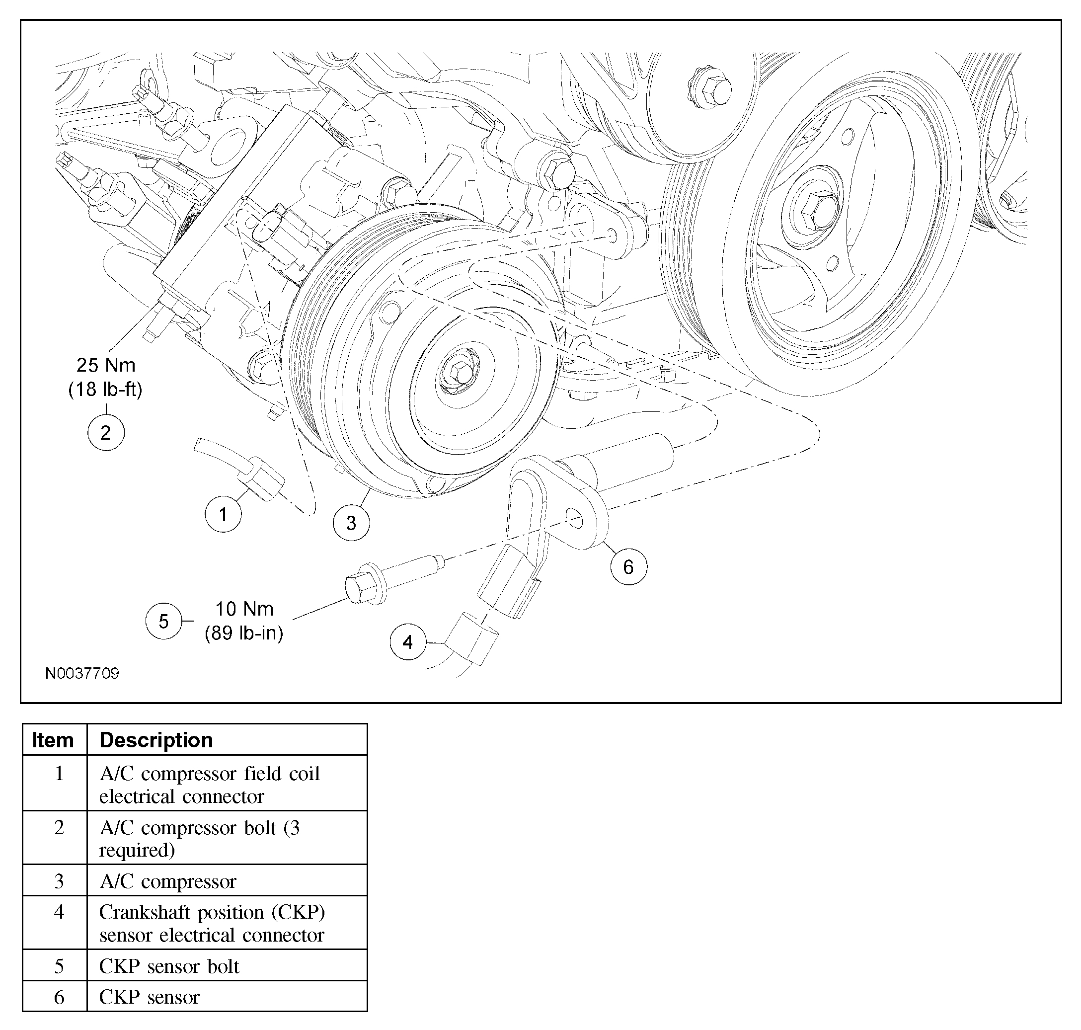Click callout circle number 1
point(223,514)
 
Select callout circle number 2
point(106,433)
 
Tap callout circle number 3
point(351,523)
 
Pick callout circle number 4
point(408,642)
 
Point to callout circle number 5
point(163,621)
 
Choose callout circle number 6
point(628,566)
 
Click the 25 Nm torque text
point(106,365)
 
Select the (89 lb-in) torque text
point(244,633)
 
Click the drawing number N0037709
point(82,673)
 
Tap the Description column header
point(156,740)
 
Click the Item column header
point(53,740)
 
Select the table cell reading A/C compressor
point(168,881)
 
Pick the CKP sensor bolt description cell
point(169,966)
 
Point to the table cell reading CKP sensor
point(150,997)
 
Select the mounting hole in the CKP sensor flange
point(574,517)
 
